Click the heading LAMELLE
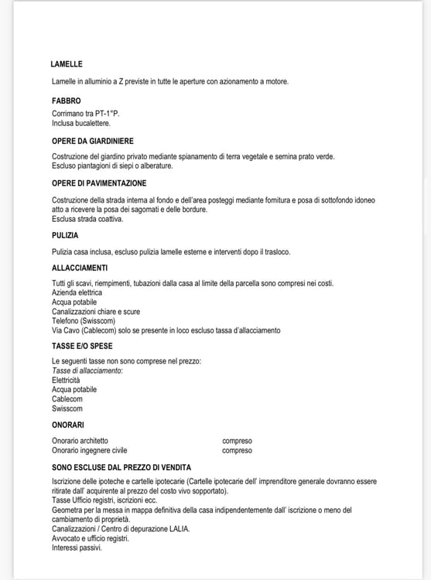tap(67, 64)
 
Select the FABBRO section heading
tap(66, 101)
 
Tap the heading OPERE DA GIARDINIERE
tap(93, 141)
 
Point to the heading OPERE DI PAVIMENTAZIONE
tap(99, 183)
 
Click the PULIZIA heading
tap(65, 235)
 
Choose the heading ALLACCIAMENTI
tap(80, 268)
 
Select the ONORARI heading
tap(68, 425)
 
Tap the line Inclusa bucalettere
tap(81, 123)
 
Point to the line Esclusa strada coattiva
tap(87, 219)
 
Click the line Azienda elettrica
tap(77, 293)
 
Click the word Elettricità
tap(66, 380)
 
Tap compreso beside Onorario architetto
tap(237, 441)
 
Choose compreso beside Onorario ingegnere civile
tap(237, 450)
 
